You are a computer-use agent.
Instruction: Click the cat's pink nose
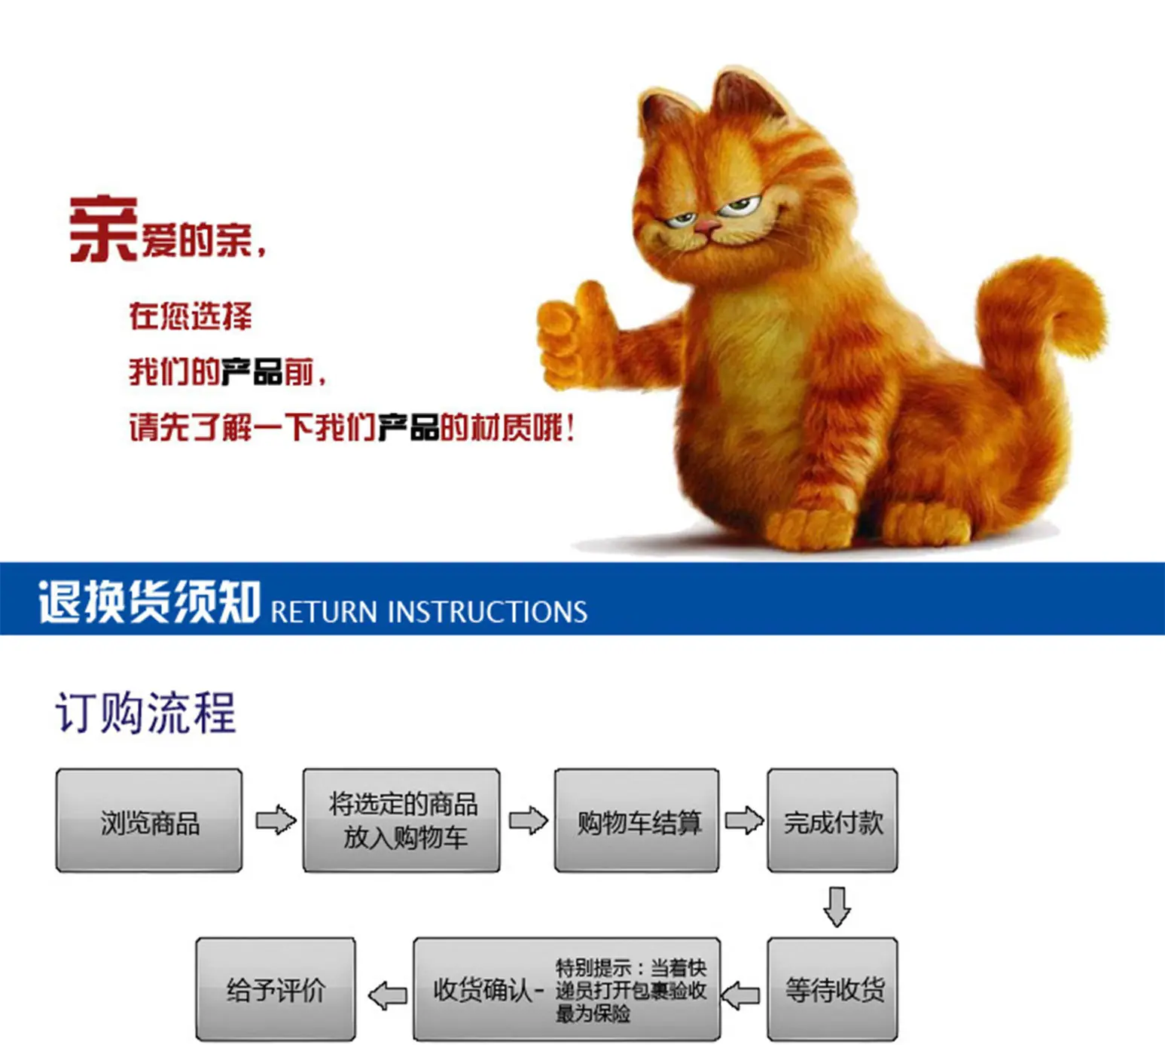tap(707, 225)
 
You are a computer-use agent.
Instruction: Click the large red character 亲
tap(103, 229)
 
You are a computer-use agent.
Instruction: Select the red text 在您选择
tap(191, 316)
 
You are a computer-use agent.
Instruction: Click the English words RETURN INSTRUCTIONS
tap(429, 612)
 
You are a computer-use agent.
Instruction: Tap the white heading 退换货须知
tap(150, 601)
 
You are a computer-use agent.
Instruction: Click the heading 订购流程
tap(145, 713)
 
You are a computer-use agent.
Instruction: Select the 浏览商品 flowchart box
tap(149, 820)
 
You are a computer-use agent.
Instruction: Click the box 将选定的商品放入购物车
tap(401, 820)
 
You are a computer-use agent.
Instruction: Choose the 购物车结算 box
tap(636, 820)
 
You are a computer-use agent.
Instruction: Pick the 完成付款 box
tap(832, 820)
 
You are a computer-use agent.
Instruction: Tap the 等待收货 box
tap(832, 989)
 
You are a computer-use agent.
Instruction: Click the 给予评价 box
tap(276, 989)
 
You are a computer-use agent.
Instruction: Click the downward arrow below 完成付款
tap(837, 906)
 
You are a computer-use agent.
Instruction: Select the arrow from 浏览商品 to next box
tap(276, 820)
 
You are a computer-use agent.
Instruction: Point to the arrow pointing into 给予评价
tap(388, 996)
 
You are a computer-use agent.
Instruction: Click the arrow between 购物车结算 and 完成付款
tap(744, 820)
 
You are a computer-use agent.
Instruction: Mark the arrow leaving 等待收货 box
tap(740, 995)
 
